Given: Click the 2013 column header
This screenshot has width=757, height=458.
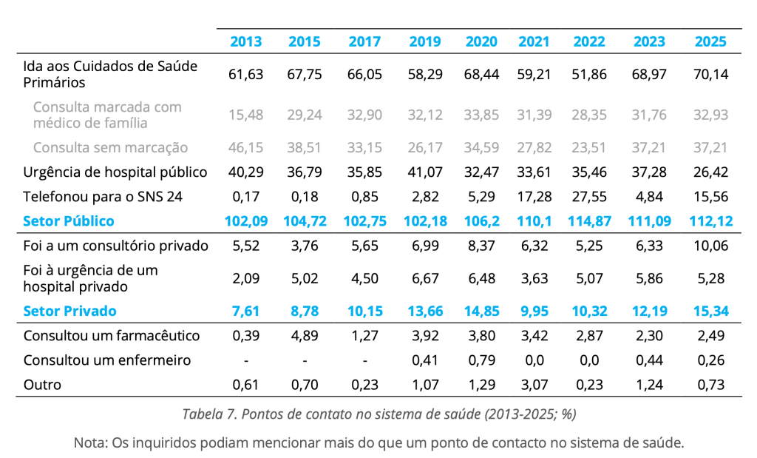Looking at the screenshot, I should [245, 42].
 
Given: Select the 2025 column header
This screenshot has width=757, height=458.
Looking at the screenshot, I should [710, 42].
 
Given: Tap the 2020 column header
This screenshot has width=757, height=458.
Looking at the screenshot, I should [481, 42].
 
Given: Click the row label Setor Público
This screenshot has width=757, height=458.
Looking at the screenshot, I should [69, 220].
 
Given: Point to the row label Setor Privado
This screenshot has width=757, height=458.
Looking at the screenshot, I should [69, 311].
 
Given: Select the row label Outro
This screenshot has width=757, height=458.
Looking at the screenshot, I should [42, 384].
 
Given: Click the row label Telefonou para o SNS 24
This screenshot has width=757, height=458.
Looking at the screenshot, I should [103, 196].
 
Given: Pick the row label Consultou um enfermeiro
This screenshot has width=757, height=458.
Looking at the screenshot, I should [107, 360].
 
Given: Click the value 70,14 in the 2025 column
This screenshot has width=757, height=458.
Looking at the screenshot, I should [710, 74].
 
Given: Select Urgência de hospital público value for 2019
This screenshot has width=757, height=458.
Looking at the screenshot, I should [425, 172].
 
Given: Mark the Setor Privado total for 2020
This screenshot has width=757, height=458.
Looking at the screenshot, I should [481, 311].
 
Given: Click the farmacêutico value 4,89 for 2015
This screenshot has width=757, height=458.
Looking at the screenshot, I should [303, 335].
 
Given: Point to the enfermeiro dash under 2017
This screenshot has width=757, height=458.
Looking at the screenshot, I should [364, 360].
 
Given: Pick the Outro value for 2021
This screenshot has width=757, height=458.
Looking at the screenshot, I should [533, 384].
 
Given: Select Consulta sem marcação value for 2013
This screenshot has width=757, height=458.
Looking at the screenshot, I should [246, 147].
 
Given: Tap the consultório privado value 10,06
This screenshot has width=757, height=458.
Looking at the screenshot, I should [710, 245].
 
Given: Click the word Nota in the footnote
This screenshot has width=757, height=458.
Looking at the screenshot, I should [90, 442].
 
